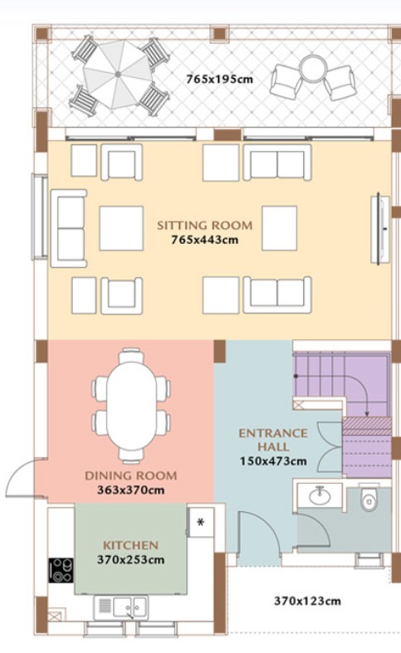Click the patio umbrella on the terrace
point(118,75)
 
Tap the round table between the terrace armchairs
point(314,69)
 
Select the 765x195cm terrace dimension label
point(219,79)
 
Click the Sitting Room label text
point(205,226)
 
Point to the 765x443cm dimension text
point(205,240)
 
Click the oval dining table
point(131,406)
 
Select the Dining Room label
point(131,475)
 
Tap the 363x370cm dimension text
point(131,490)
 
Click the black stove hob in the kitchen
point(61,570)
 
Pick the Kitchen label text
point(130,545)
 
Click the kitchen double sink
point(130,607)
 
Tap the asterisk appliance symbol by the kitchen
point(201,522)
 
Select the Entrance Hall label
point(273,440)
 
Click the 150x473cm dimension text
point(273,461)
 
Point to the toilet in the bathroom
point(369,498)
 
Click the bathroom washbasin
point(320,495)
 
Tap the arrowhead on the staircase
point(367,413)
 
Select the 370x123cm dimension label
point(307,601)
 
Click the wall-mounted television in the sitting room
point(379,229)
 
